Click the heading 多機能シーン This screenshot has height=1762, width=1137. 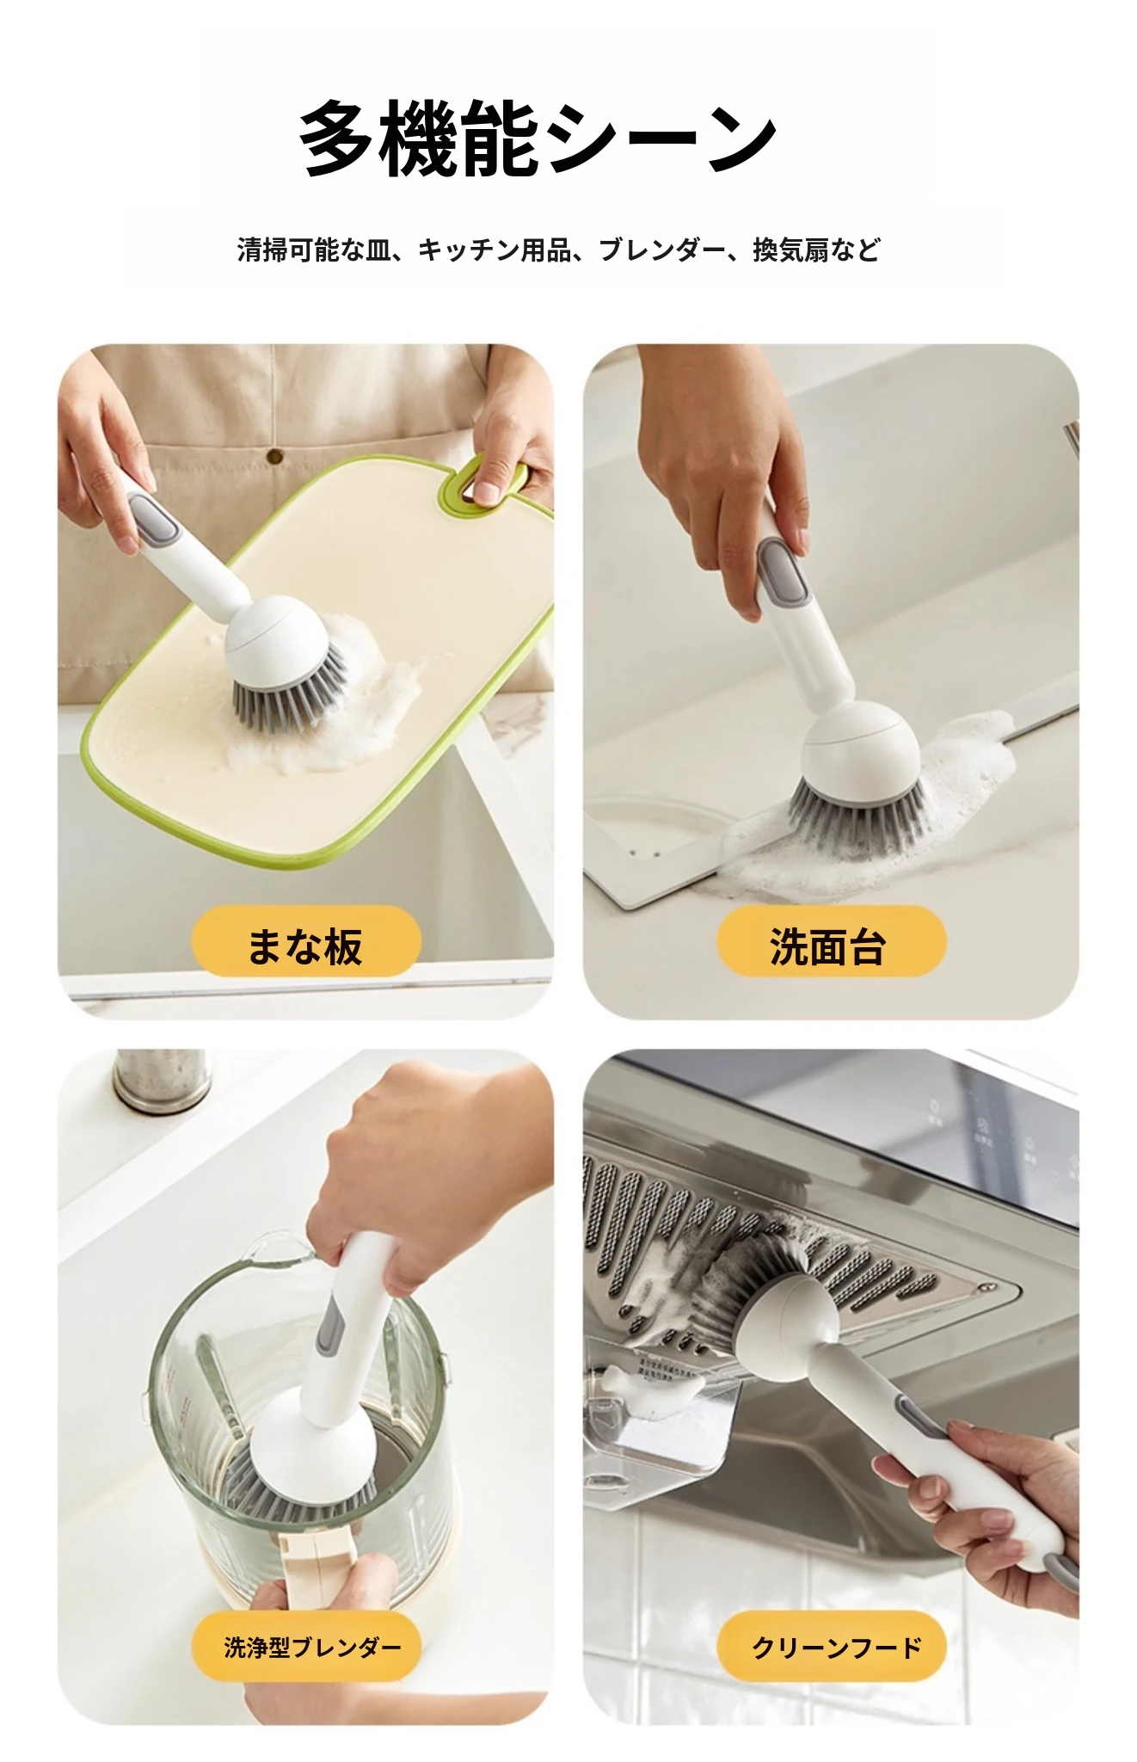[538, 138]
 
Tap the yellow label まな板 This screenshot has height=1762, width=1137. [305, 942]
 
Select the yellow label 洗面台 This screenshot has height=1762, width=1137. [831, 942]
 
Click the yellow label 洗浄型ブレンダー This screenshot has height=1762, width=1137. [305, 1648]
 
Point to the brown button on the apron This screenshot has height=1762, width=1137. [275, 456]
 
